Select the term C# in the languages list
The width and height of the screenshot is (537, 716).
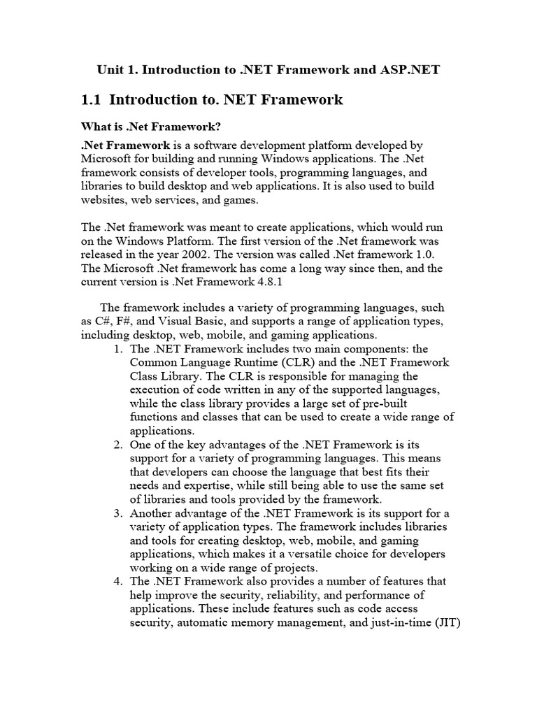[x=105, y=321]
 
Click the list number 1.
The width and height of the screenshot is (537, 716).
[x=117, y=348]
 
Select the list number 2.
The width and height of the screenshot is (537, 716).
[x=117, y=444]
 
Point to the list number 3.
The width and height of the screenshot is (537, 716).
[x=117, y=513]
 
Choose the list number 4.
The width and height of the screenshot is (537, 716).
[x=117, y=581]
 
